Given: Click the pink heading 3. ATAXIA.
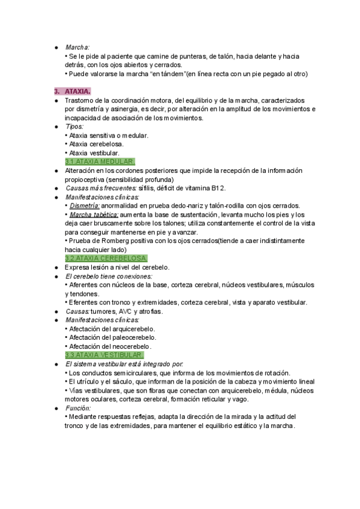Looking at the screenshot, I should (x=71, y=92).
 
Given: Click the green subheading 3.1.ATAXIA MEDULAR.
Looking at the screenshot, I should (x=100, y=162).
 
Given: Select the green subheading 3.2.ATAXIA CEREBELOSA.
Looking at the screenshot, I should (x=106, y=258).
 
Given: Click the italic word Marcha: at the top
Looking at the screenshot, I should (x=77, y=47).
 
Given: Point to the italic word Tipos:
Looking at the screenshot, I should (x=74, y=127).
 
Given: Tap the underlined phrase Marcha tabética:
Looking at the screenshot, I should (x=94, y=214).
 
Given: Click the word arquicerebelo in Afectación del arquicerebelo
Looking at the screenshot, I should (x=132, y=329).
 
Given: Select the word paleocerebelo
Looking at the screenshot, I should (x=131, y=337).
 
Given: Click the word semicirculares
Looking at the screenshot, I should (x=127, y=373).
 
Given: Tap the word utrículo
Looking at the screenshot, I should (x=89, y=381).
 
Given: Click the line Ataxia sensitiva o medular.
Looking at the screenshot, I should (x=108, y=136).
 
